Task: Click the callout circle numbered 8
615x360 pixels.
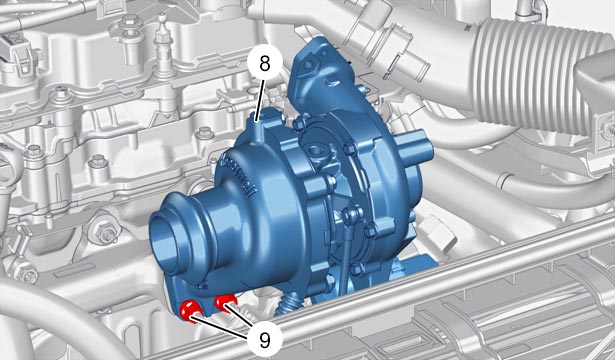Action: (265, 63)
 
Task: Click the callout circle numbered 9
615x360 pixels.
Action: (265, 340)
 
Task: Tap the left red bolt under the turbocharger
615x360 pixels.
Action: (190, 310)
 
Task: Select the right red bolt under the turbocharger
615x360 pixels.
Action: (225, 302)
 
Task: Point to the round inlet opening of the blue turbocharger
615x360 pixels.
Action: (166, 240)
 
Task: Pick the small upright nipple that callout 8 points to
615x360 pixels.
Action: (256, 127)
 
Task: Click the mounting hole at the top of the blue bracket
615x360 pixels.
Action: (309, 64)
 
